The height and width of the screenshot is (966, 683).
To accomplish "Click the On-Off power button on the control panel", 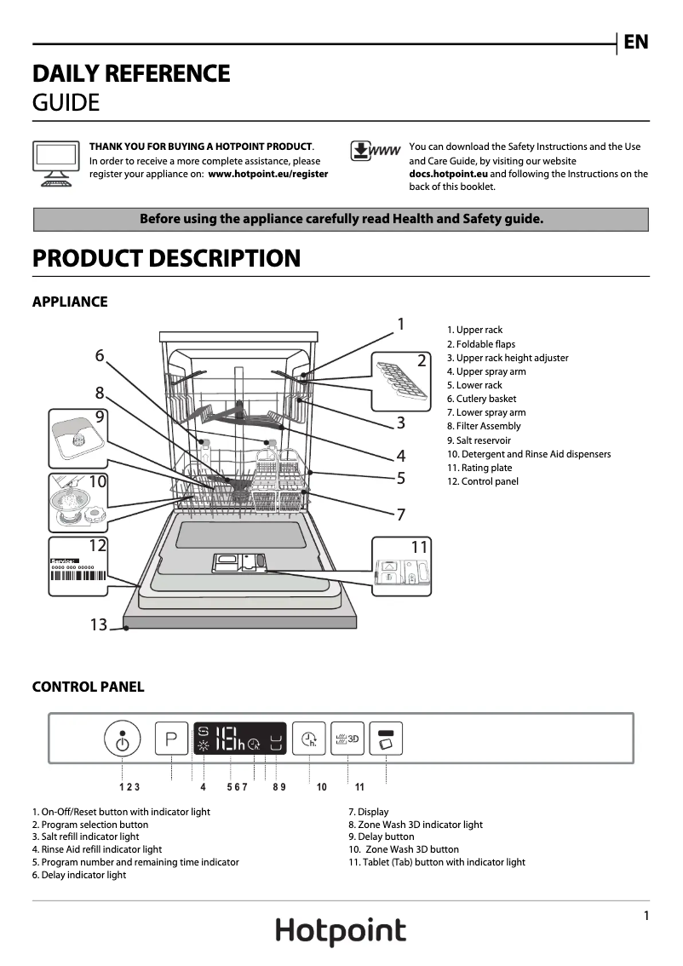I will click(123, 739).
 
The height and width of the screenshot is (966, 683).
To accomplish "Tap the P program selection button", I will click(171, 739).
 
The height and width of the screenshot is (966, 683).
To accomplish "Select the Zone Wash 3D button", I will click(347, 739).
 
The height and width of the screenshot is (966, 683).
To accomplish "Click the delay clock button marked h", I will click(308, 739).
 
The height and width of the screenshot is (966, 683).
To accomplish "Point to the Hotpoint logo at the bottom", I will click(341, 931).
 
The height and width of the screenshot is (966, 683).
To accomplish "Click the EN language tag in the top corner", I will click(636, 42).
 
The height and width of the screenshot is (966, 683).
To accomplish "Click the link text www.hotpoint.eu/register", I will click(268, 174).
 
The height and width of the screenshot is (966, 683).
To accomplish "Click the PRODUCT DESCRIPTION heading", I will click(167, 258).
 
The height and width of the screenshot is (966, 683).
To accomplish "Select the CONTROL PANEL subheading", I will click(88, 687).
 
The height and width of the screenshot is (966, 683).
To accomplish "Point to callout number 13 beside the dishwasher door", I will click(99, 625).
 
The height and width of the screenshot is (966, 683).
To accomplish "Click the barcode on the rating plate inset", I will click(78, 575).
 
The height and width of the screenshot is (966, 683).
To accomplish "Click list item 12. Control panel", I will click(482, 481).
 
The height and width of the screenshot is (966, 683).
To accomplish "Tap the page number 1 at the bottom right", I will click(646, 916).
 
